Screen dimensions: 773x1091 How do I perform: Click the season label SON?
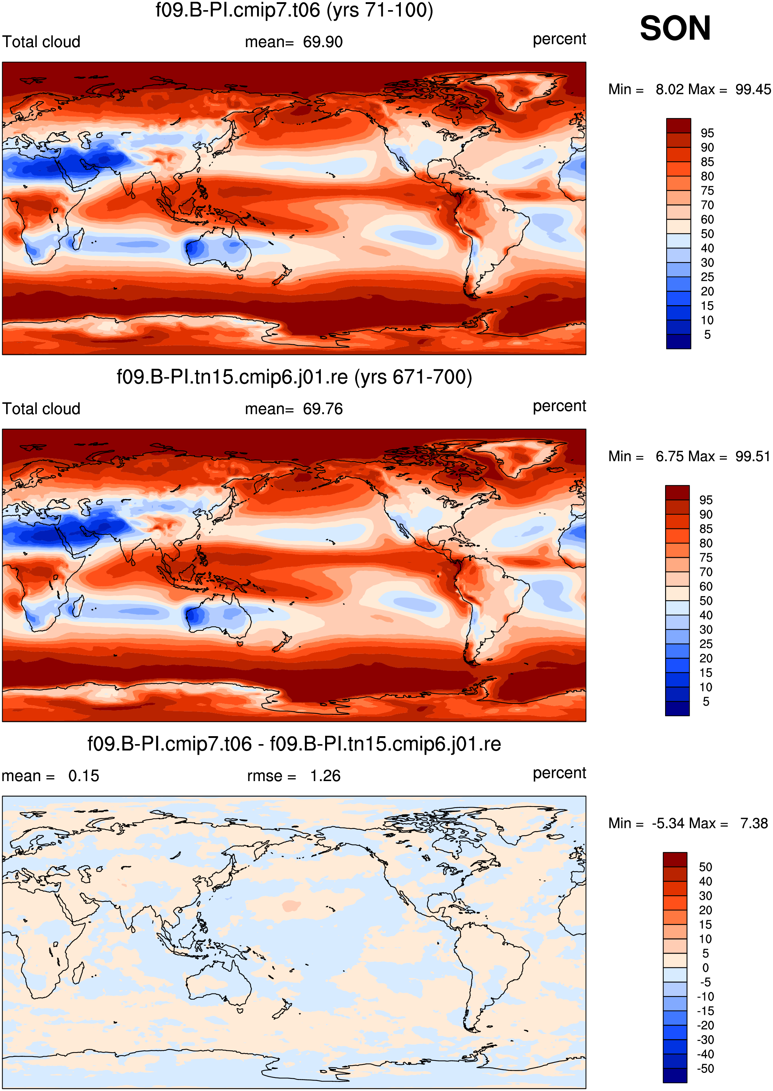tap(675, 28)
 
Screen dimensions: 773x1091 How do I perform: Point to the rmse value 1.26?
tap(325, 776)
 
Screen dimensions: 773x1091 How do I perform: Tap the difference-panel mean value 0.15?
tap(84, 776)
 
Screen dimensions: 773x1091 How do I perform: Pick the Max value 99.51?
tap(752, 456)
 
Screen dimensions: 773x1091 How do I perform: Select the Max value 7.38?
tap(754, 823)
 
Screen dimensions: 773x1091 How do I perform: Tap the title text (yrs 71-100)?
tap(380, 11)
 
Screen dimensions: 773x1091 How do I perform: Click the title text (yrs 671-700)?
tap(413, 377)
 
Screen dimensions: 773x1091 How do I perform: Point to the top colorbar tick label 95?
tap(707, 133)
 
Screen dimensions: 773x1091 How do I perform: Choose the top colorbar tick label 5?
tap(707, 335)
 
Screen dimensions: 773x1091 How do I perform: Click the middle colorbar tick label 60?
tap(706, 586)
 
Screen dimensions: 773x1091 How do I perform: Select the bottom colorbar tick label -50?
tap(705, 1069)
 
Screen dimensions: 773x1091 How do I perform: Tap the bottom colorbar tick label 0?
tap(705, 968)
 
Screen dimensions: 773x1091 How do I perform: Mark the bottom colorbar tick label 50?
tap(705, 867)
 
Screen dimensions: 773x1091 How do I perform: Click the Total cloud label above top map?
tap(41, 42)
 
